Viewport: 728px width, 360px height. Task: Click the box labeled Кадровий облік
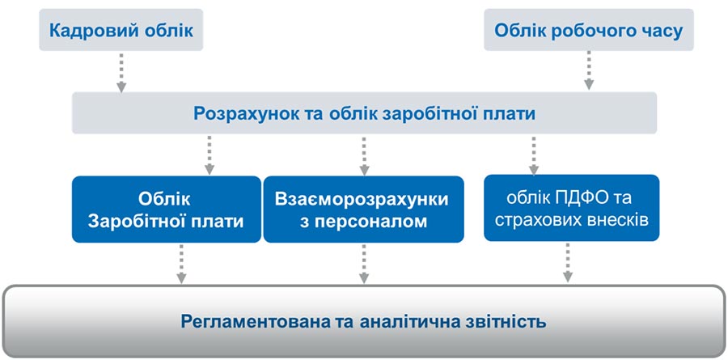click(x=121, y=30)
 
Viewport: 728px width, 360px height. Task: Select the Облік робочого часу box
click(x=589, y=30)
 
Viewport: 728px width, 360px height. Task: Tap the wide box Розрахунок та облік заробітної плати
click(x=365, y=113)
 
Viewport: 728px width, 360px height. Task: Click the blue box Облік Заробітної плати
click(x=166, y=209)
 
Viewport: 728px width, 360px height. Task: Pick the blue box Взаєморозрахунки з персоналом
click(x=363, y=209)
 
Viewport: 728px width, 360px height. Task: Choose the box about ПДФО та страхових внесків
click(x=572, y=208)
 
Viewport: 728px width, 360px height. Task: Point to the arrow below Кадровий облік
click(x=121, y=73)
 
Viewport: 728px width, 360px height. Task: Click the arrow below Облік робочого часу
click(x=589, y=70)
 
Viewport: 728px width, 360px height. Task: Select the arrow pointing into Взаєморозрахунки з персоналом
click(x=364, y=155)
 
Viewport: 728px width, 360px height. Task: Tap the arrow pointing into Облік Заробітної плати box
click(x=210, y=155)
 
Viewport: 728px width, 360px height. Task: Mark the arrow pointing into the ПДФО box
click(x=534, y=155)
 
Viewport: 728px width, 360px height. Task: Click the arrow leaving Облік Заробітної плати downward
click(x=181, y=264)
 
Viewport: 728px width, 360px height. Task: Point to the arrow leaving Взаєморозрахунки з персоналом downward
click(x=364, y=264)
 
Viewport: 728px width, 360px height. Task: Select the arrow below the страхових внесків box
click(x=567, y=262)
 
